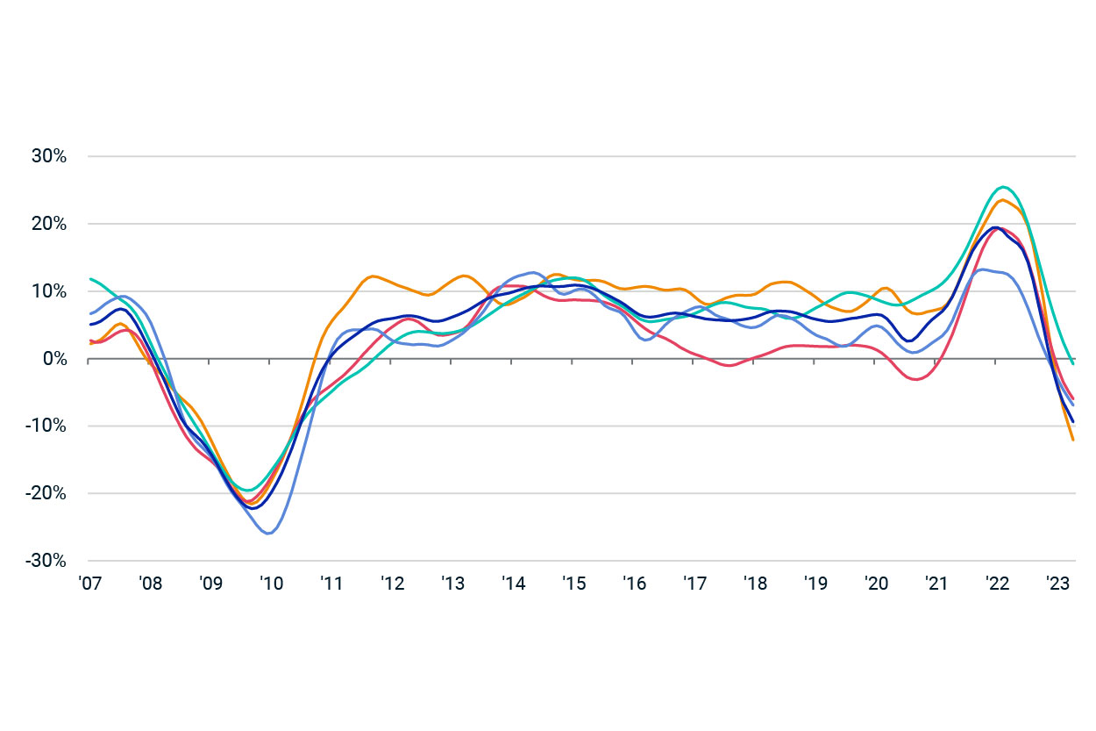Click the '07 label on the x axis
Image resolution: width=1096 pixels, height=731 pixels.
click(89, 583)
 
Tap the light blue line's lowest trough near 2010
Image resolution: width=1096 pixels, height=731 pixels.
click(268, 534)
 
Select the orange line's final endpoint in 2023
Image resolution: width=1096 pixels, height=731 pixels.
click(1074, 441)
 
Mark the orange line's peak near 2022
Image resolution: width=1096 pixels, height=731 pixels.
click(1001, 200)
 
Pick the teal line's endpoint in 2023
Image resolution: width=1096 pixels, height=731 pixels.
click(1074, 363)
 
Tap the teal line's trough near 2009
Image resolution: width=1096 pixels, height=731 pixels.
click(248, 490)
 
